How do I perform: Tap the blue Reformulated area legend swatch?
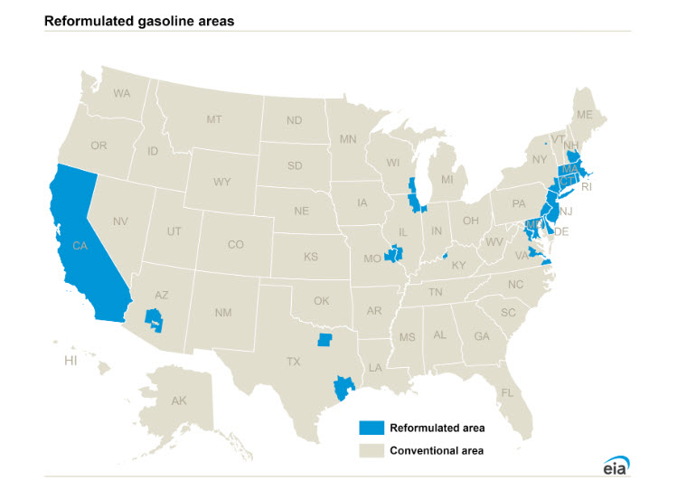pos(371,428)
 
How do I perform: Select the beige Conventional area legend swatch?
pos(371,450)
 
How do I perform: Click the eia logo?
pos(616,465)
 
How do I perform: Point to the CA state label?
pos(80,245)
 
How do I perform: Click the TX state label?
pos(294,361)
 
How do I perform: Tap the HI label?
pos(71,361)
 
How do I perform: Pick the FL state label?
pos(507,392)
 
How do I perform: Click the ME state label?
pos(584,115)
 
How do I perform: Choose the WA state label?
pos(122,93)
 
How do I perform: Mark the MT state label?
pos(214,119)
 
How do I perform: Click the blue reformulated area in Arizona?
pos(155,319)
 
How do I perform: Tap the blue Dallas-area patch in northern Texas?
pos(325,341)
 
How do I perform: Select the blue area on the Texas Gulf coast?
pos(342,388)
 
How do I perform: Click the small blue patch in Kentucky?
pos(445,256)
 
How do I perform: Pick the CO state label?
pos(235,244)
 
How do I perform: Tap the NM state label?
pos(223,312)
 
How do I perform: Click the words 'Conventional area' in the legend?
pos(438,450)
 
